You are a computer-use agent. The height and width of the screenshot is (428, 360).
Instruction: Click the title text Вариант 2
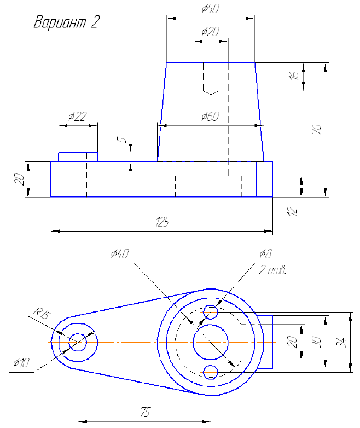[x=67, y=23]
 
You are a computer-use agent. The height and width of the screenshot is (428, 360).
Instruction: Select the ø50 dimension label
[x=210, y=9]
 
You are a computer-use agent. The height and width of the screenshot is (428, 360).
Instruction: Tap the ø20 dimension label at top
[x=210, y=32]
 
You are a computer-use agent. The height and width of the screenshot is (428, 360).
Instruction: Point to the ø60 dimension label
[x=210, y=117]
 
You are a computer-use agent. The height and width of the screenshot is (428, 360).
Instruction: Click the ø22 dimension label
[x=77, y=117]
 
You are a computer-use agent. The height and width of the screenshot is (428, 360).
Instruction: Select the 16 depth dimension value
[x=294, y=76]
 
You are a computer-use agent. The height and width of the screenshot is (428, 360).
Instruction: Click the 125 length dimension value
[x=162, y=222]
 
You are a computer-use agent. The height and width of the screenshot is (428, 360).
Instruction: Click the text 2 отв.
[x=272, y=270]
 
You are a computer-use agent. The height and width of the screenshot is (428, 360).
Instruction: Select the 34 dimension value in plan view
[x=341, y=343]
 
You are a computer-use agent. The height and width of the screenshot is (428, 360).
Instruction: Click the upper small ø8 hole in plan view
[x=211, y=313]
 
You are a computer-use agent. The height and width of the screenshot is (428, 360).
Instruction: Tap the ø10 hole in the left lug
[x=78, y=342]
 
